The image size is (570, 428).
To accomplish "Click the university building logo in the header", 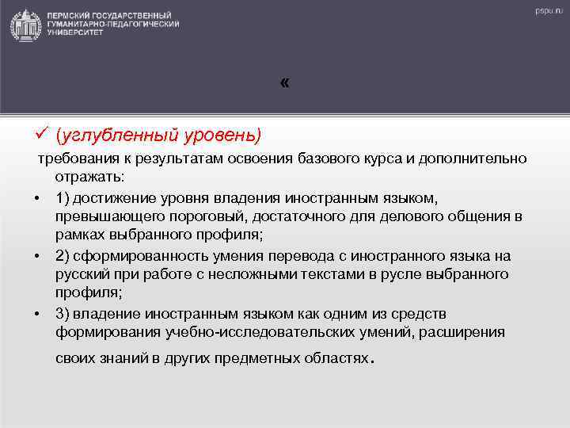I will click(x=26, y=25).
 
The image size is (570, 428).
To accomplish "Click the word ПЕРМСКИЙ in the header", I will click(x=71, y=15).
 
